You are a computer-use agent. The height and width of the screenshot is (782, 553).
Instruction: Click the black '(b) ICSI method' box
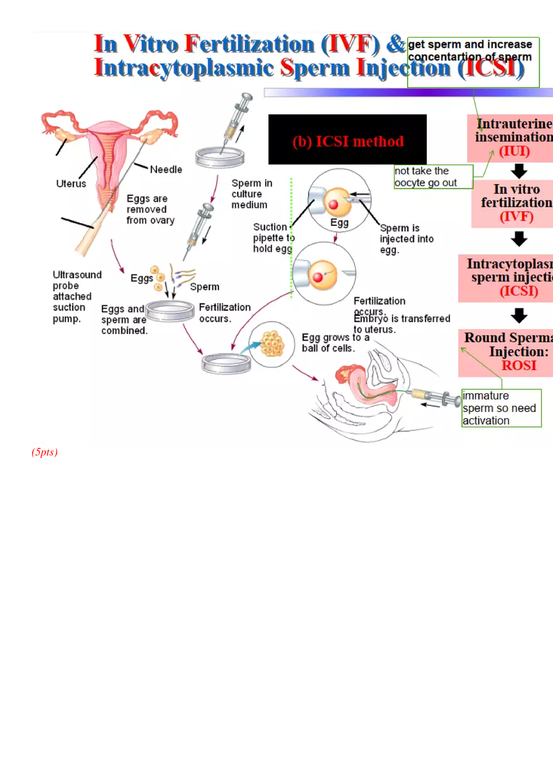348,140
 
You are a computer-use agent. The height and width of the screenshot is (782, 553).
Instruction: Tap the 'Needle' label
166,169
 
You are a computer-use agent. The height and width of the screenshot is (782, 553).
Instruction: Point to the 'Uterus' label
71,184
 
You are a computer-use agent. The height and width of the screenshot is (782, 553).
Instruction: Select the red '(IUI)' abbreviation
514,151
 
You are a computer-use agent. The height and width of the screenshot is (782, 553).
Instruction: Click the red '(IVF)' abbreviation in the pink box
515,217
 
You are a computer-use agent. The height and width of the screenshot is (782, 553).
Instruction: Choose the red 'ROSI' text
518,366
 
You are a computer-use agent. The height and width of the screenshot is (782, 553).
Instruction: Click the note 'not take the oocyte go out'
433,176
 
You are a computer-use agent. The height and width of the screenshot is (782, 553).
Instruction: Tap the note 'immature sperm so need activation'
501,408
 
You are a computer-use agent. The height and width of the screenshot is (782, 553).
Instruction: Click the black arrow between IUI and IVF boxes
519,171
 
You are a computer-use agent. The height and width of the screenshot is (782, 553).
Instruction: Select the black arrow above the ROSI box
519,315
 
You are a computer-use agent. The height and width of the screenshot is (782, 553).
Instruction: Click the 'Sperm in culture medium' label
251,194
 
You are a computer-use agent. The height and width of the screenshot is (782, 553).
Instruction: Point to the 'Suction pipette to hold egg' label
274,238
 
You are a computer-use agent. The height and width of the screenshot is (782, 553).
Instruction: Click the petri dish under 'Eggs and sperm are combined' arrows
170,311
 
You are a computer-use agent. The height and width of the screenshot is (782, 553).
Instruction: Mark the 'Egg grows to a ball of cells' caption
336,343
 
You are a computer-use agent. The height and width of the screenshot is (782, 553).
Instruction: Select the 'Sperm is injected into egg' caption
406,239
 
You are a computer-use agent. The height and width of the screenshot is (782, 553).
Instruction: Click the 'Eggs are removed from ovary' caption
151,209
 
